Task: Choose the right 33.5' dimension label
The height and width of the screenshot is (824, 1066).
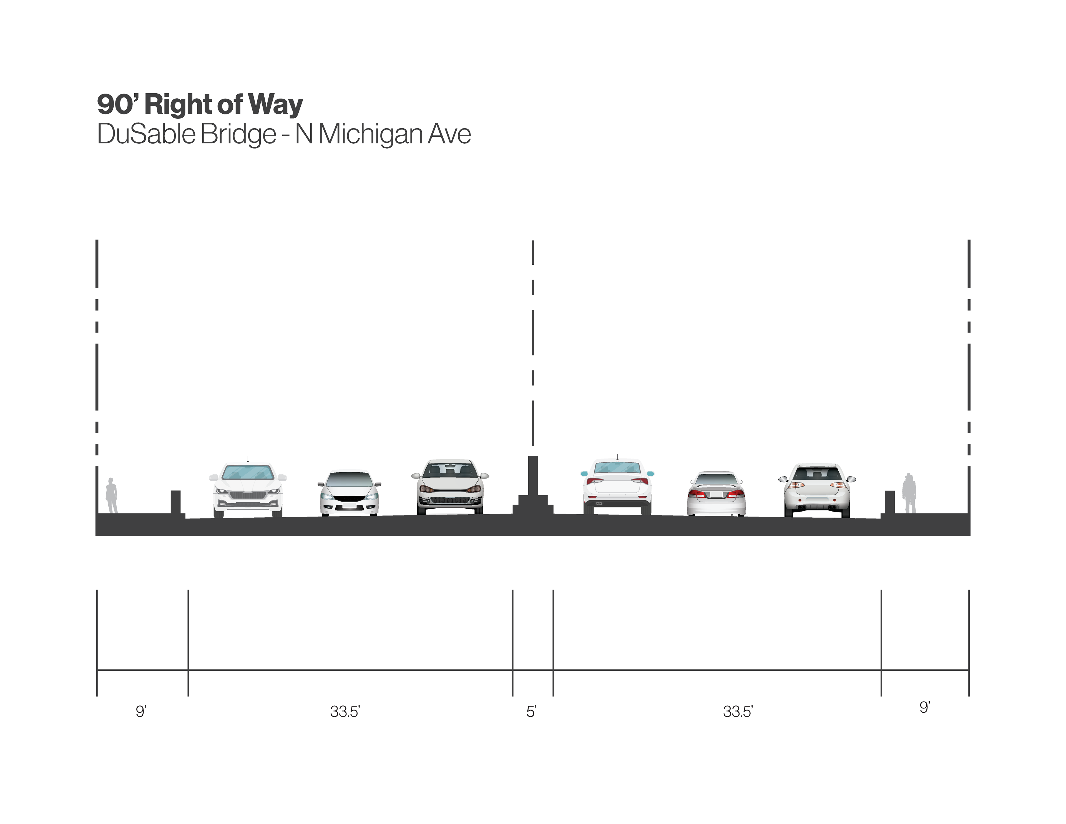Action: pyautogui.click(x=738, y=712)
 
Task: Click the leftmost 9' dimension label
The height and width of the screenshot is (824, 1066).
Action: pyautogui.click(x=141, y=712)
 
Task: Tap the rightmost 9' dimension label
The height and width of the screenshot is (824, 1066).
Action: pyautogui.click(x=924, y=707)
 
